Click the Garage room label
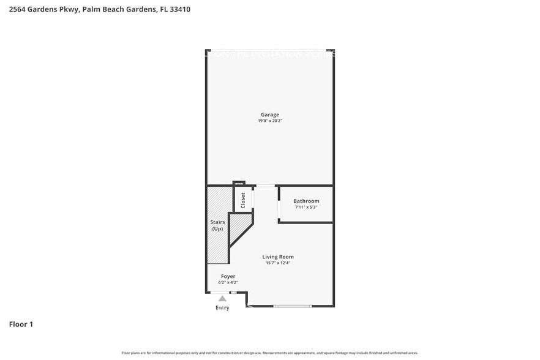[x=269, y=114]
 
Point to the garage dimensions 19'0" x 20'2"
[x=269, y=121]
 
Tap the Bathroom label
[x=306, y=201]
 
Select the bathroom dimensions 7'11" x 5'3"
[x=306, y=207]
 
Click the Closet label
[x=243, y=200]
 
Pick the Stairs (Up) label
[x=217, y=225]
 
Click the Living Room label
[x=278, y=257]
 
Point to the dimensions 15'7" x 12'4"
[x=278, y=263]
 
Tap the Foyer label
[x=228, y=276]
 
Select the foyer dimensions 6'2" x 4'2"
[x=228, y=283]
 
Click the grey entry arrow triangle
[x=222, y=298]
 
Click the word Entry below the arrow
[x=222, y=307]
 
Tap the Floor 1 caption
[x=21, y=324]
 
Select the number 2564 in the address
[x=18, y=9]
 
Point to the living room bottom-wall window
[x=292, y=306]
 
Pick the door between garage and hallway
[x=265, y=186]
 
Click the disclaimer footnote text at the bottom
[x=269, y=353]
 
